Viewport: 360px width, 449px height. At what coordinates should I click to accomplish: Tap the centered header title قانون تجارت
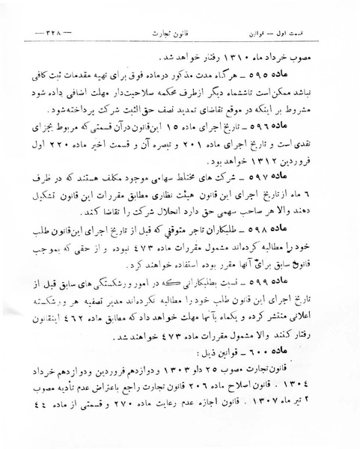[180, 35]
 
